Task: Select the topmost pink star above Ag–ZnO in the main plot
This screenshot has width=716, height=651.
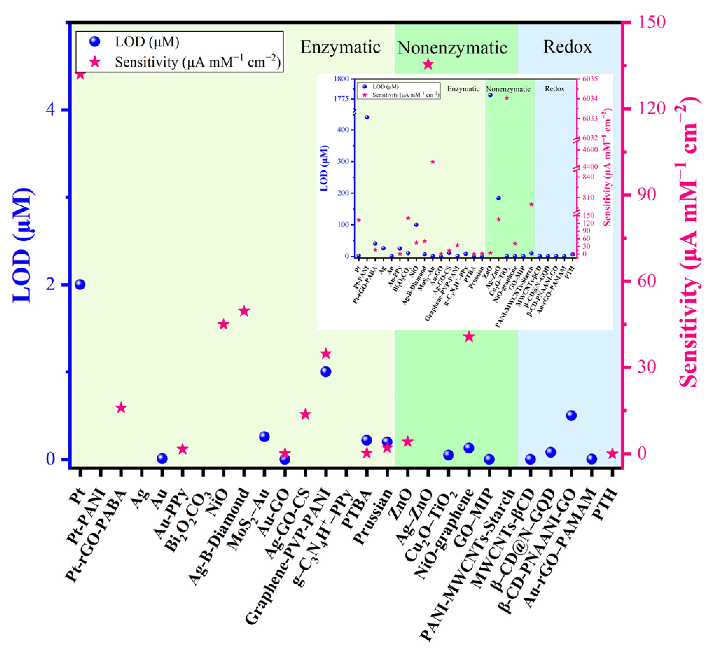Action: [x=428, y=64]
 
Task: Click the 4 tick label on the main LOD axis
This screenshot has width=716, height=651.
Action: [x=51, y=109]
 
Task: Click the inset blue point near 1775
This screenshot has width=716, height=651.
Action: [x=490, y=95]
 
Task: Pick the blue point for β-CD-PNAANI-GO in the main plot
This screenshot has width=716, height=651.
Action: [x=571, y=416]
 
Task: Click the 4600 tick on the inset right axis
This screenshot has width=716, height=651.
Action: [x=590, y=150]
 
